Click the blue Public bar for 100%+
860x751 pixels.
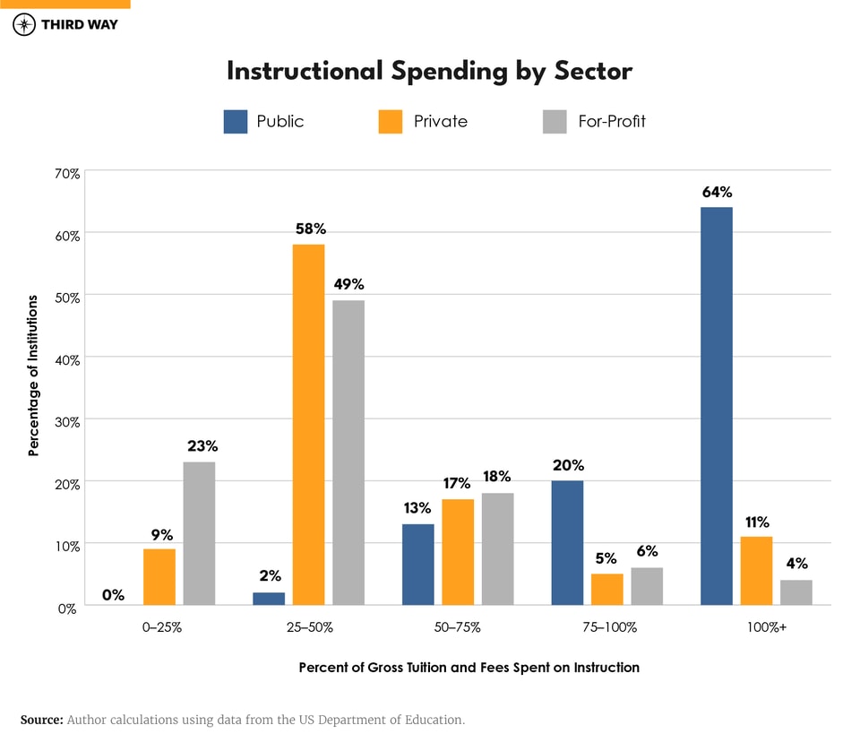tap(716, 406)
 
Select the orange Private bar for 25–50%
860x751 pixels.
tap(308, 425)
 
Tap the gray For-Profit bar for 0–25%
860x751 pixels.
tap(199, 533)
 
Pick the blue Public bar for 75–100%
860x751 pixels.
tap(567, 543)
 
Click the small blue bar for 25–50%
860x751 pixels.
tap(269, 599)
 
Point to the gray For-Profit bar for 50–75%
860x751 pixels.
tap(497, 549)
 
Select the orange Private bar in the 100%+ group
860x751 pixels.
tap(756, 571)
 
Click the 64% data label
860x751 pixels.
tap(717, 192)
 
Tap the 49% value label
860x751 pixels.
tap(348, 284)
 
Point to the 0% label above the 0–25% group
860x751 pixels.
tap(113, 594)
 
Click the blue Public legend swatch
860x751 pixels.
tap(235, 121)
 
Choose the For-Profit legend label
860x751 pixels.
tap(611, 121)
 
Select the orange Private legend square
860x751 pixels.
tap(391, 121)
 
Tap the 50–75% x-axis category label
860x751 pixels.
tap(457, 627)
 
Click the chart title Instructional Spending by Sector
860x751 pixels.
tap(429, 71)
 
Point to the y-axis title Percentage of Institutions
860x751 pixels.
tap(34, 375)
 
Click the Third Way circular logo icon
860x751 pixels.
tap(24, 24)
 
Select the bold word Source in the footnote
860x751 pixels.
tap(40, 720)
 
